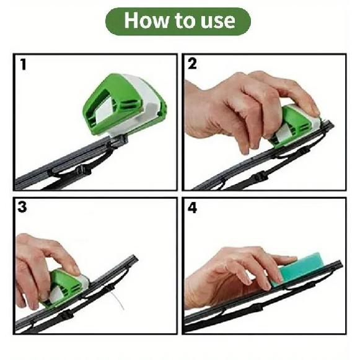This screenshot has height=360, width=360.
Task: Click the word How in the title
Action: [x=146, y=22]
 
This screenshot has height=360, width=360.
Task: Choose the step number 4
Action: [x=193, y=208]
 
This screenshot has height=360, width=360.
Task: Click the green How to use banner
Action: [x=180, y=22]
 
